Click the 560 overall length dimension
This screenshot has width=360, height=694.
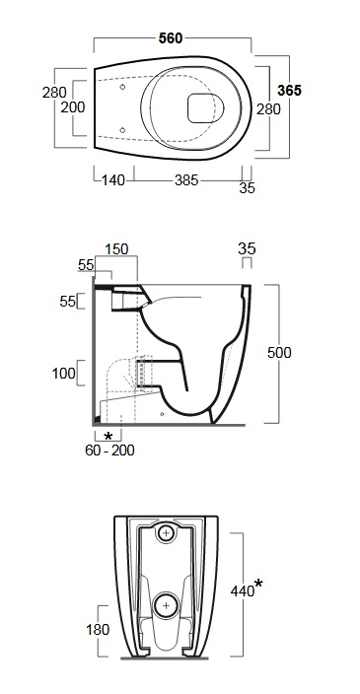[171, 38]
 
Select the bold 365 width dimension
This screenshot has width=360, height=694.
[289, 91]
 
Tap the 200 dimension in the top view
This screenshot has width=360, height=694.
[73, 107]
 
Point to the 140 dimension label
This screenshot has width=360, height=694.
[113, 180]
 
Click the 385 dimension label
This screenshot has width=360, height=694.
[186, 180]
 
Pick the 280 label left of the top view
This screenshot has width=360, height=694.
[54, 93]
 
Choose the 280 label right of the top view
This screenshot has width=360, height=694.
[269, 108]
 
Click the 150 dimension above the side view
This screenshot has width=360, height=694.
[116, 249]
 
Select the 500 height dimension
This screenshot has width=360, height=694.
[279, 353]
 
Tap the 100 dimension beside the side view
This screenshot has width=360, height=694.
[64, 374]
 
